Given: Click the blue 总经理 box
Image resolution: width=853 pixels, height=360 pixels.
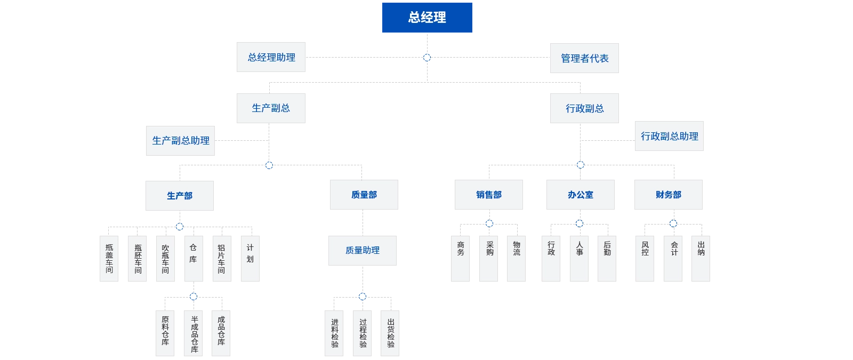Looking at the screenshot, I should click(x=426, y=18).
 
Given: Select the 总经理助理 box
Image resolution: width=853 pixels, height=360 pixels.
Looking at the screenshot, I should click(x=271, y=57).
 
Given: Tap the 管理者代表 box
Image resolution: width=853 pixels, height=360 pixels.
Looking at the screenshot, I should click(x=585, y=59).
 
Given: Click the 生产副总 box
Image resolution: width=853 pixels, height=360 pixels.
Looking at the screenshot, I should click(x=271, y=108).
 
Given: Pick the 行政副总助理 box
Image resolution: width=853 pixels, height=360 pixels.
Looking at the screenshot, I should click(x=669, y=137).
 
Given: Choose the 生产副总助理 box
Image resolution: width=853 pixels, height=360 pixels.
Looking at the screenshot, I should click(x=181, y=141).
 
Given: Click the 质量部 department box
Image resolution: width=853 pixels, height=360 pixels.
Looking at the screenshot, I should click(x=364, y=195).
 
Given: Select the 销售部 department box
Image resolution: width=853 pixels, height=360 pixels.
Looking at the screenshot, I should click(x=489, y=195).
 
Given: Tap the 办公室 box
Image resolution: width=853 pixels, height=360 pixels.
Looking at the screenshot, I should click(x=581, y=195).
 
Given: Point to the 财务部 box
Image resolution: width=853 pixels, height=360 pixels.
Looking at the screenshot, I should click(x=668, y=195).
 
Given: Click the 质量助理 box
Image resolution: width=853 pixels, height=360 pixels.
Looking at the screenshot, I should click(x=363, y=250).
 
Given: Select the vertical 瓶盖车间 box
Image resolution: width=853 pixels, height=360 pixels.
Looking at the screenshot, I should click(x=109, y=258).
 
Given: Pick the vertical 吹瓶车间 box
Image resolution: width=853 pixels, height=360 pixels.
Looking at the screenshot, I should click(x=165, y=259).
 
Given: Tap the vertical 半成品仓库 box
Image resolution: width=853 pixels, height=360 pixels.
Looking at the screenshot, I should click(x=195, y=333).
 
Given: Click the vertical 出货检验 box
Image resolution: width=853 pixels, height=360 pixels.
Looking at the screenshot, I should click(x=391, y=333).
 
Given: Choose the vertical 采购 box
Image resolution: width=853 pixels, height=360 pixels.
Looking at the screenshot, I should click(x=489, y=258).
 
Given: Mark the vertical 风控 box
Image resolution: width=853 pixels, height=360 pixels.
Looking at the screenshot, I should click(x=645, y=258).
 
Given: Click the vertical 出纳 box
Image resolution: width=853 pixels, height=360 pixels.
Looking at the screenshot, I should click(x=701, y=258).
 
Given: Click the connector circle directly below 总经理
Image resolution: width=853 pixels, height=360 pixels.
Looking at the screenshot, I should click(x=426, y=57).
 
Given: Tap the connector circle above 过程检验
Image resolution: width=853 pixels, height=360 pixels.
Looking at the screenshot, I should click(x=363, y=296).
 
